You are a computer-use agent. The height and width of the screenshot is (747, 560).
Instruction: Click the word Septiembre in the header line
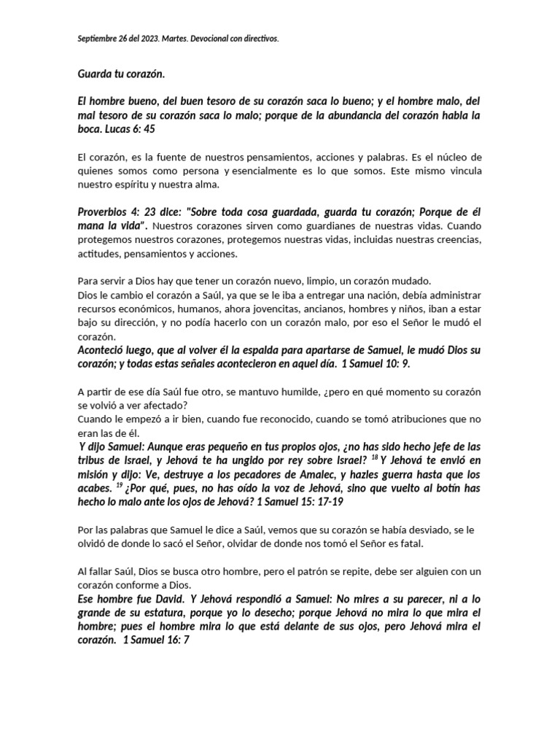(x=97, y=38)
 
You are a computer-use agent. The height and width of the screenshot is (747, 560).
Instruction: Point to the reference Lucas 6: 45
(x=128, y=128)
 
